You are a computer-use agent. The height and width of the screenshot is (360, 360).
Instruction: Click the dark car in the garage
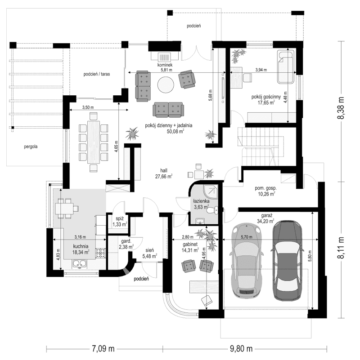287,260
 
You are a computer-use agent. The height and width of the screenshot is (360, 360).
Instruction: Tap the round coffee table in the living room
166,84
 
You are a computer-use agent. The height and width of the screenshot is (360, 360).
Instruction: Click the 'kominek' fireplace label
165,65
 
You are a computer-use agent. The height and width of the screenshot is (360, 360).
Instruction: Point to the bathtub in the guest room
287,67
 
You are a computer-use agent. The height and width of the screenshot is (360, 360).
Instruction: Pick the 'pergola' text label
28,146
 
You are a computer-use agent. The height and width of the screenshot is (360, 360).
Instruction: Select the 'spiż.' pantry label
120,218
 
